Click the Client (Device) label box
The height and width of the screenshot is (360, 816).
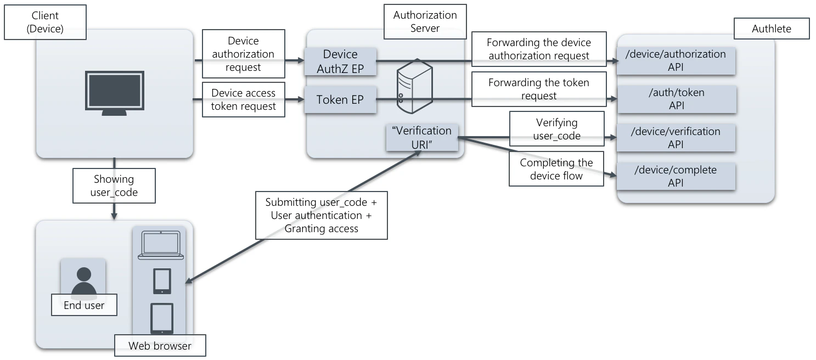pos(45,22)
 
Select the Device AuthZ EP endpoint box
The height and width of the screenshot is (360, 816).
pos(340,61)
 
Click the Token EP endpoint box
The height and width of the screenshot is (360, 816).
pos(340,100)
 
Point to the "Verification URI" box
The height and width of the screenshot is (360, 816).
pos(422,137)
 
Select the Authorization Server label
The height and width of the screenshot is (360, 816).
pos(425,22)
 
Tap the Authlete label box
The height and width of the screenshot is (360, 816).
pos(771,29)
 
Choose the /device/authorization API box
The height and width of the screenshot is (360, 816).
pos(676,60)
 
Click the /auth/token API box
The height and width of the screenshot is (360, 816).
pos(676,99)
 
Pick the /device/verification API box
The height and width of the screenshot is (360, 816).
pos(676,138)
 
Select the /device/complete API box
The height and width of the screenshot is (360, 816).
pos(676,176)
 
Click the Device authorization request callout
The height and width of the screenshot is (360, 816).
pos(243,54)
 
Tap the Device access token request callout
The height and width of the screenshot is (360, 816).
pos(243,99)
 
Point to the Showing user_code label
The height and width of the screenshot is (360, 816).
pos(114,185)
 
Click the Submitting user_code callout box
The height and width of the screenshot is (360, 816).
pos(321,215)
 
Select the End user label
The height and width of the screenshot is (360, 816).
pos(84,306)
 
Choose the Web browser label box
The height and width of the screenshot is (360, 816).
pos(160,346)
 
